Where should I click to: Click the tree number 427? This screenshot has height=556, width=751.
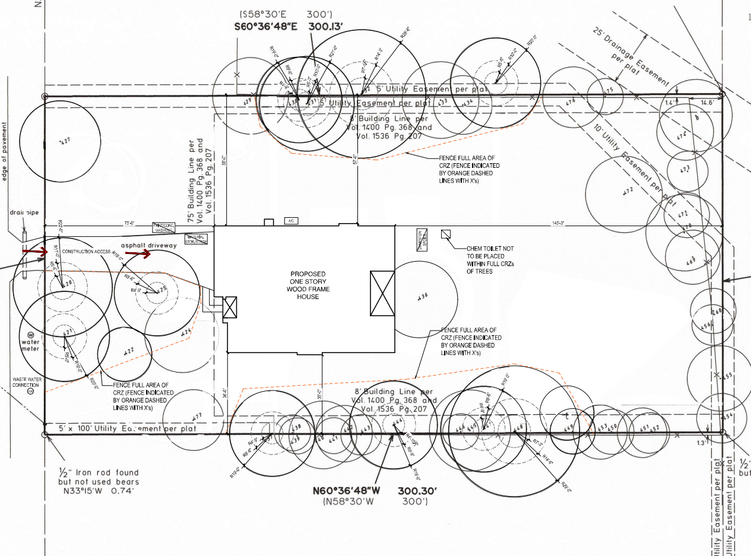coord(65,141)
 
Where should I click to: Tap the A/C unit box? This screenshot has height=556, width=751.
coord(291,220)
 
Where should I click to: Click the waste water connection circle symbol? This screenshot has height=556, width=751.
coord(31,391)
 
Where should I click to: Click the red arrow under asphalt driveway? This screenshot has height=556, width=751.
coord(137,254)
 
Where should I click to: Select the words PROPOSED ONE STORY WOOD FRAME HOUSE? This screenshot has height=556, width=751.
coord(308,285)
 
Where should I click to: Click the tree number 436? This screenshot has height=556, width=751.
coord(423,295)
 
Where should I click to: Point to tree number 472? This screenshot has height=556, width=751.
coord(628,191)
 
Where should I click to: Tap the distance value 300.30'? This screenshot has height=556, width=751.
coord(417,491)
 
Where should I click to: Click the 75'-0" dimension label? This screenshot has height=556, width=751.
coord(129,224)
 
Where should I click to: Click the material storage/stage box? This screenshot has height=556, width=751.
coord(196,239)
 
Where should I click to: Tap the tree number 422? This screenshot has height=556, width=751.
coord(128,351)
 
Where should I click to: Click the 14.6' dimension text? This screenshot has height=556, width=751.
coord(708,102)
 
